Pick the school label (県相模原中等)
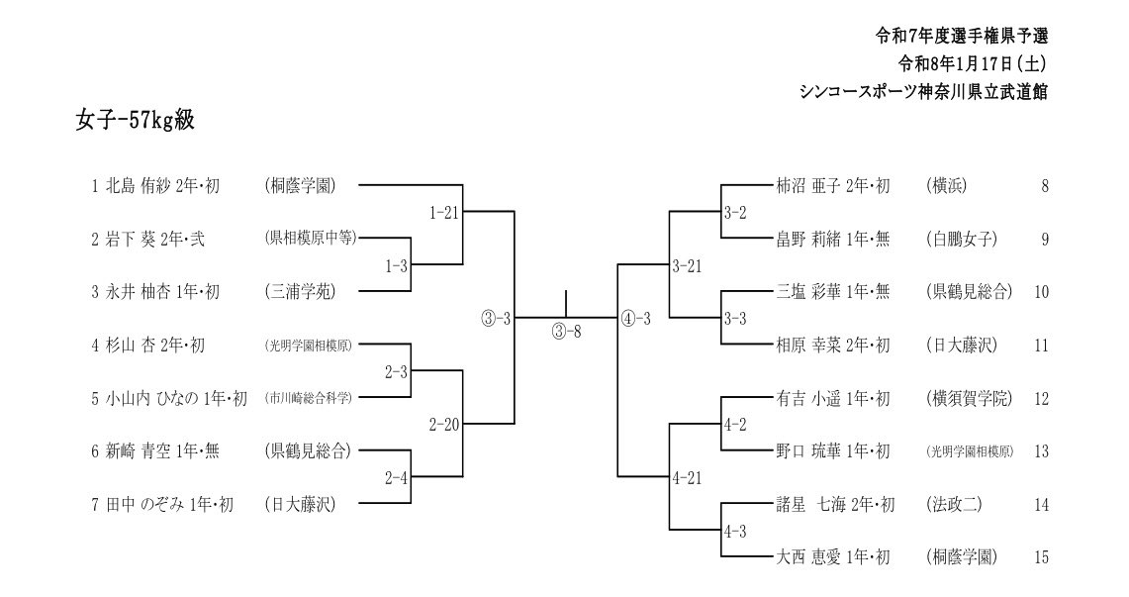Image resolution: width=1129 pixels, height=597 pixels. coord(309,239)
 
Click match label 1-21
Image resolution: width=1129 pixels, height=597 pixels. coord(444,212)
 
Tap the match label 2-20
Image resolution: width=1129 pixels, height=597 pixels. coord(444,425)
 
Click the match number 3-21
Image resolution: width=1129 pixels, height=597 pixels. coord(687,265)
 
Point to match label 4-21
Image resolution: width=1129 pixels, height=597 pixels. coord(687,478)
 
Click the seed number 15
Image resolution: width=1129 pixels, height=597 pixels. coord(1040,557)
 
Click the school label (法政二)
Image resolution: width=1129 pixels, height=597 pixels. coord(955,505)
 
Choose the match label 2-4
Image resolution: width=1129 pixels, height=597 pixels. coord(397,478)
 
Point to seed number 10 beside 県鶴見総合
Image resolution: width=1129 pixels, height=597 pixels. coord(1040,292)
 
